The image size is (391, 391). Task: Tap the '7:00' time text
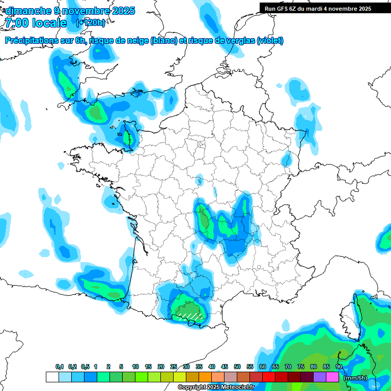(x=15, y=23)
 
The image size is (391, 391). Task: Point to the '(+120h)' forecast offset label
(x=90, y=23)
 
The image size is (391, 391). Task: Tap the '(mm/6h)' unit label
(x=355, y=378)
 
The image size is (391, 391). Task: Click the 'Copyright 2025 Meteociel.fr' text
(x=216, y=387)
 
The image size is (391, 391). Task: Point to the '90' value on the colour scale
(x=339, y=367)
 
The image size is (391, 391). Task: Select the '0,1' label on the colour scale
(x=60, y=367)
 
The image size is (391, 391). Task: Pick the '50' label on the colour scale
(x=237, y=367)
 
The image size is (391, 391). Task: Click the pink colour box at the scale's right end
(x=332, y=377)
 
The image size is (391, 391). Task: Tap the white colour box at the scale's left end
(x=52, y=377)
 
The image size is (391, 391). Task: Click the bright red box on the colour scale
(x=269, y=377)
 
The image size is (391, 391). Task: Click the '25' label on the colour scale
(x=174, y=367)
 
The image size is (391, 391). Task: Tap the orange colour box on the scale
(x=205, y=377)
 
